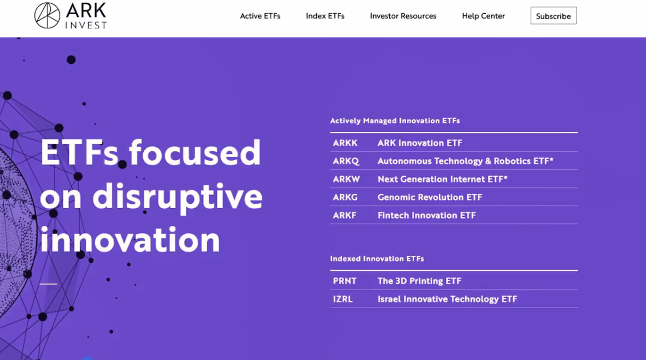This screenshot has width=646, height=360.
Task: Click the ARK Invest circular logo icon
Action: point(47,16)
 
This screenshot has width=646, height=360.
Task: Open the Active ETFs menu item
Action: point(260,16)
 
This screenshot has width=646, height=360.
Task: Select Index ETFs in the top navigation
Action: point(325,16)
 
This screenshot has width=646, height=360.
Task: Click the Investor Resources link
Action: point(403,16)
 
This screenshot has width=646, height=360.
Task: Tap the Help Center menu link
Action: point(483,16)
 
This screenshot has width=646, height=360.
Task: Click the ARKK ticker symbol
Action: point(345,143)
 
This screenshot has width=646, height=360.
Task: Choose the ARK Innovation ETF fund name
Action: point(420,143)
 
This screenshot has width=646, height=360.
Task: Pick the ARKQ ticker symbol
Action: point(346,161)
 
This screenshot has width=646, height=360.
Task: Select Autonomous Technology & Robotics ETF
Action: point(466,161)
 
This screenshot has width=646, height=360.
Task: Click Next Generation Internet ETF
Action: point(443,179)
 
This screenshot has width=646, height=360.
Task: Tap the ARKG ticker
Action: point(345,197)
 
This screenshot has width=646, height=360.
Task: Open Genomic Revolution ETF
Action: point(430,197)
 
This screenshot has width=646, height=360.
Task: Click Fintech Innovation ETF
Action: point(426,215)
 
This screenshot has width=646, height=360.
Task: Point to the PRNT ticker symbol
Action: point(344,281)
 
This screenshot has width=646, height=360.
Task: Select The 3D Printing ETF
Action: point(419,281)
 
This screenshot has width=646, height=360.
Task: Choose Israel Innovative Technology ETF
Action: point(447,299)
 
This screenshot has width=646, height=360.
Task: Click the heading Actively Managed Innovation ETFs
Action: point(395,121)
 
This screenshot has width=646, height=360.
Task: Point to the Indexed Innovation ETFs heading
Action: point(377,259)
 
